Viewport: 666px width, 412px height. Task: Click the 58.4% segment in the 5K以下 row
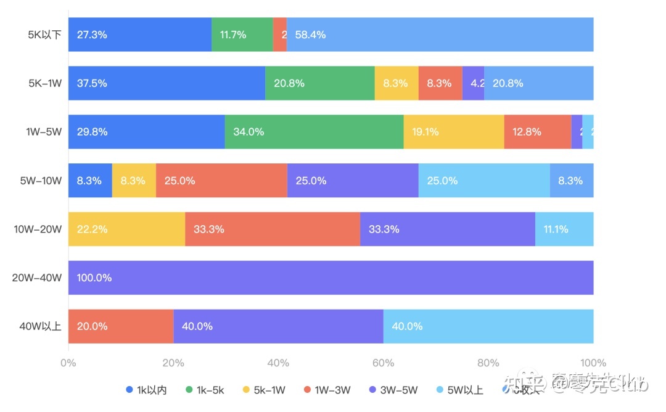tap(440, 35)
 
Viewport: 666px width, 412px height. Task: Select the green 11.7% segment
tap(242, 35)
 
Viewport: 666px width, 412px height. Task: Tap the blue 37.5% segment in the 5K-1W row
tap(166, 83)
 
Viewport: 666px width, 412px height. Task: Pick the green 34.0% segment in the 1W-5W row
tap(314, 131)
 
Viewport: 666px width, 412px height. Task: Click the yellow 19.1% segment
tap(454, 131)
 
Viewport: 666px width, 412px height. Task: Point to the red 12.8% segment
tap(537, 131)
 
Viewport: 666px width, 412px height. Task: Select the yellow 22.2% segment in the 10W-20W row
tap(126, 229)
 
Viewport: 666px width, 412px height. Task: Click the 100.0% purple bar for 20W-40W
tap(331, 278)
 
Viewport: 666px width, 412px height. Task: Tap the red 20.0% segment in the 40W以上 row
tap(121, 326)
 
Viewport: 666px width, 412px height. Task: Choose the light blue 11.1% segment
tap(564, 229)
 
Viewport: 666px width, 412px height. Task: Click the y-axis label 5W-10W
tap(41, 181)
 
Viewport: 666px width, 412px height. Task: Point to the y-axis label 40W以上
tap(41, 326)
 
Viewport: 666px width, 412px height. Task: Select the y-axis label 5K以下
tap(44, 35)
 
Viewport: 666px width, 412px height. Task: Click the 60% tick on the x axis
tap(384, 363)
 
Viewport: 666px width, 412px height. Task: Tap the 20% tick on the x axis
tap(173, 363)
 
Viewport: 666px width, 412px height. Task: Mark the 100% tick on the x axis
tap(593, 363)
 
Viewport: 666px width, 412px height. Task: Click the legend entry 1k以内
tap(146, 390)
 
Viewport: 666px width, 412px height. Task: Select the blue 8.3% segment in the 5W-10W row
tap(90, 181)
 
